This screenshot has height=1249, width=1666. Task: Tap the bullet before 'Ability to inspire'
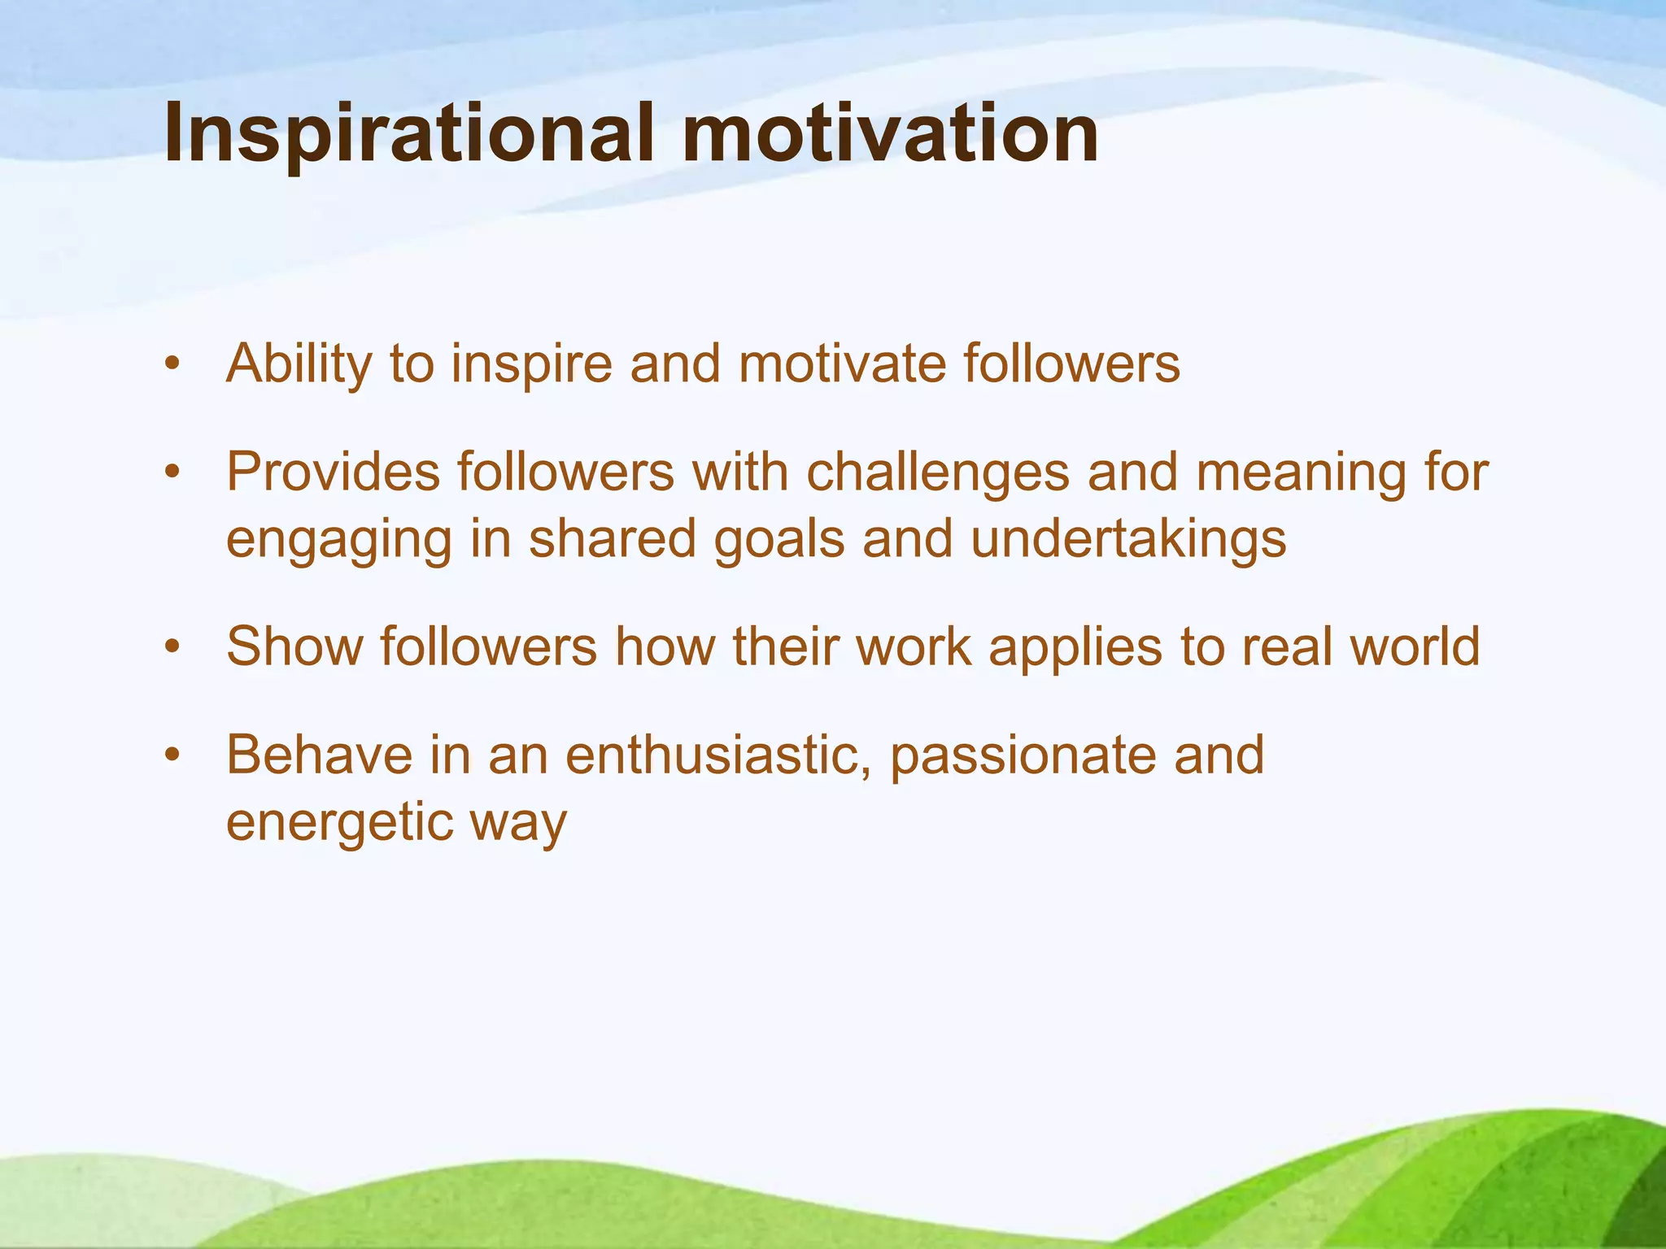pyautogui.click(x=171, y=363)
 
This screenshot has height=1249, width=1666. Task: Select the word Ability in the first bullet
pyautogui.click(x=299, y=363)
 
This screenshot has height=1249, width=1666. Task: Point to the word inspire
pyautogui.click(x=530, y=363)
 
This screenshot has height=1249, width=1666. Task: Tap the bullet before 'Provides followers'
pyautogui.click(x=171, y=472)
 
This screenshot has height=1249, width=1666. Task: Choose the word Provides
pyautogui.click(x=332, y=472)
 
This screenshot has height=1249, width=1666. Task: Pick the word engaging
pyautogui.click(x=338, y=540)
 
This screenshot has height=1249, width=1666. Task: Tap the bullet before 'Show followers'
pyautogui.click(x=171, y=647)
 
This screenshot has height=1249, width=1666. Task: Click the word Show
pyautogui.click(x=294, y=647)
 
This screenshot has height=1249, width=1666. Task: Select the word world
pyautogui.click(x=1414, y=647)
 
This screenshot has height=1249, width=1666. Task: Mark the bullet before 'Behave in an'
pyautogui.click(x=171, y=755)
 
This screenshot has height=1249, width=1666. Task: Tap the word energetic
pyautogui.click(x=338, y=823)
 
